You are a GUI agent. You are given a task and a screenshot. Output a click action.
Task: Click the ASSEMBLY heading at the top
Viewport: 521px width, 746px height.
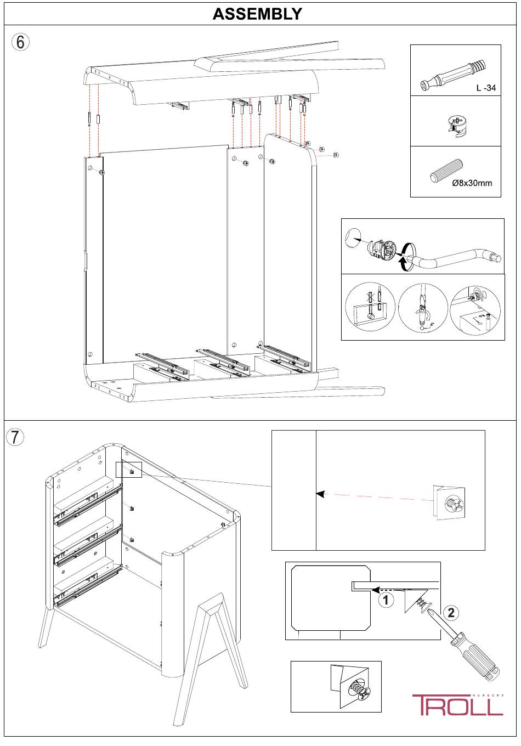click(257, 14)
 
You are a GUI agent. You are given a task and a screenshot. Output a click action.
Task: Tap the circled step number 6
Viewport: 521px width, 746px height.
click(20, 42)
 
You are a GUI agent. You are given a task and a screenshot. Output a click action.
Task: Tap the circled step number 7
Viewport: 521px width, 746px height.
click(15, 437)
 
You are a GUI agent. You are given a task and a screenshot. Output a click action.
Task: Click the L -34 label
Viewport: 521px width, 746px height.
click(485, 88)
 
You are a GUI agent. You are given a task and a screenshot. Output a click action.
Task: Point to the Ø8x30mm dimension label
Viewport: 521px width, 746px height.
click(472, 183)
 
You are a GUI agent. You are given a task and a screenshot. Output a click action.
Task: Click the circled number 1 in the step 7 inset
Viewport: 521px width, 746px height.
click(386, 600)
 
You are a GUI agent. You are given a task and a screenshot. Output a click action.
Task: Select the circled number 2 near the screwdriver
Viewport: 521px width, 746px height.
click(451, 613)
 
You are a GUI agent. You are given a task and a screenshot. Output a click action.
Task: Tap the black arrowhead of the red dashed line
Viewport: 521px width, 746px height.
click(319, 494)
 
